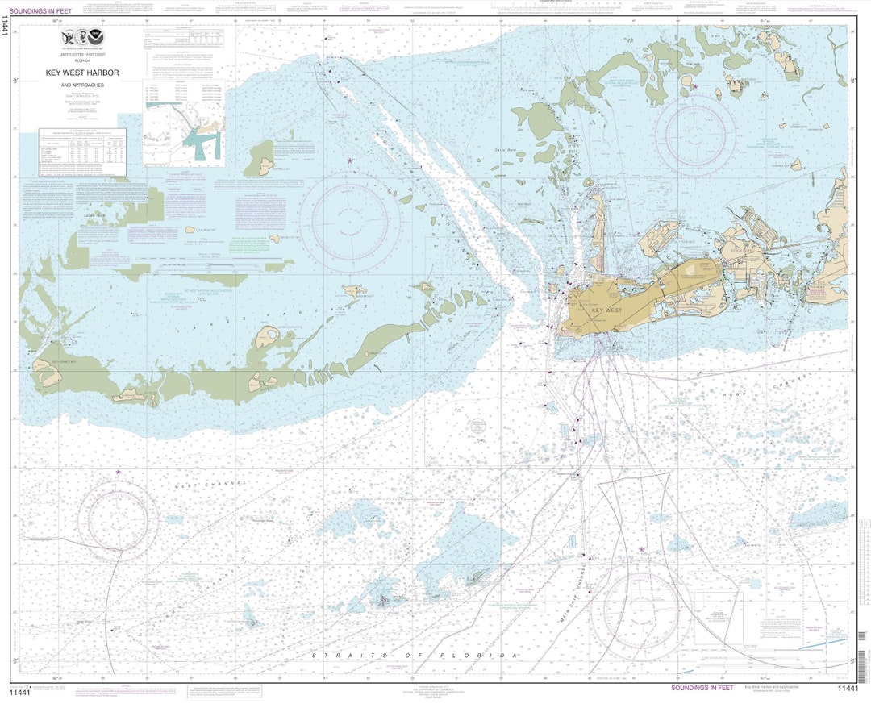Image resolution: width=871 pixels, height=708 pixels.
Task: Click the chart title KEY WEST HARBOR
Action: coord(81,73)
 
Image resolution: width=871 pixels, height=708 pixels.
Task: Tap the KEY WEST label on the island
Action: coord(606,310)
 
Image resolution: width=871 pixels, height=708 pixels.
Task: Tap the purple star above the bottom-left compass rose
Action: coord(118,472)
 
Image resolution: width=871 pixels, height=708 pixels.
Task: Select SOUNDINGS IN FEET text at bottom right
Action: coord(702,688)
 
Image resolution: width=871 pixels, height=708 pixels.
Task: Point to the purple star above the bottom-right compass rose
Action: coord(642,550)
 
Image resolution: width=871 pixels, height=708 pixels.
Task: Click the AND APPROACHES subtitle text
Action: coord(81,84)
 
